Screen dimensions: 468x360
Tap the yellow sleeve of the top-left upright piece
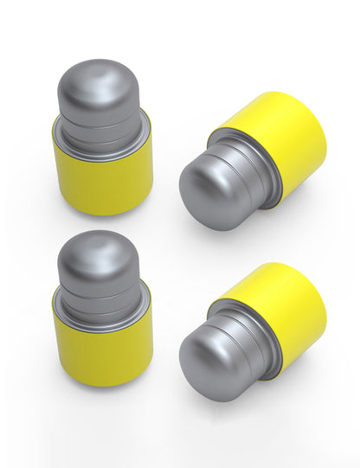(x=102, y=177)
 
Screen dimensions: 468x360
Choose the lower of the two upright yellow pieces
(x=101, y=311)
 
